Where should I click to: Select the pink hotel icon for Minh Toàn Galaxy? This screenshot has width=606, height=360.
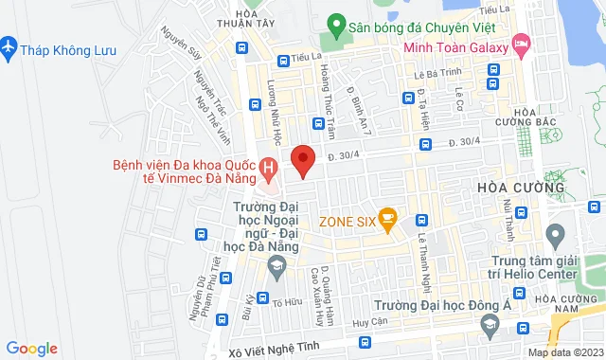(x=521, y=44)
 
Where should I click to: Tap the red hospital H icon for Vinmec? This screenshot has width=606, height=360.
(x=269, y=171)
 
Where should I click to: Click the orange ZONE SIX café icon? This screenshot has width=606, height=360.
(x=386, y=221)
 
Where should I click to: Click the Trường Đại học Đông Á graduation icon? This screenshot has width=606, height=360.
(x=490, y=327)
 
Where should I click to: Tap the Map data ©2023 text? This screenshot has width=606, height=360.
(x=564, y=352)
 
